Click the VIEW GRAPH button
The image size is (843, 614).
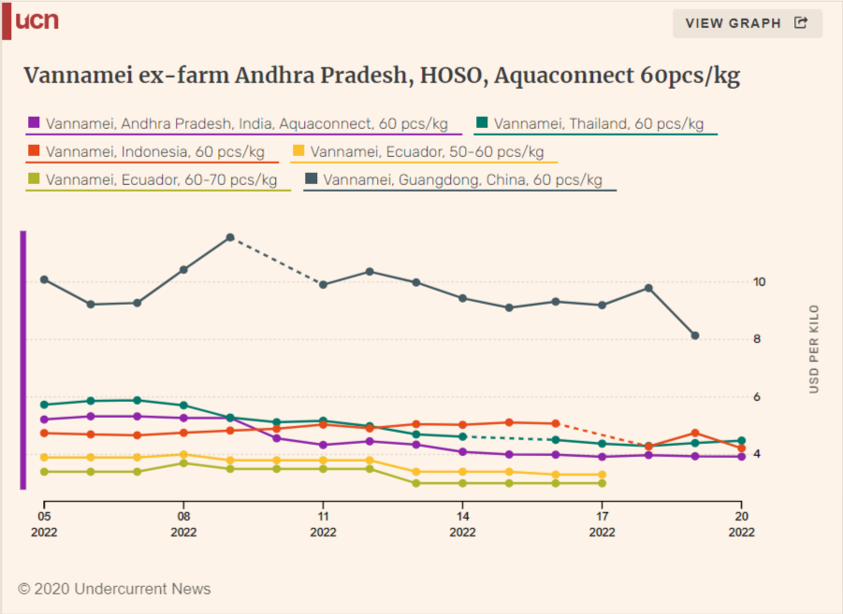[x=747, y=23]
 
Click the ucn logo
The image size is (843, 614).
[x=30, y=21]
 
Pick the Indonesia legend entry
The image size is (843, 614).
[x=153, y=152]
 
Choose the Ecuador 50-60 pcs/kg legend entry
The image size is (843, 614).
[x=424, y=152]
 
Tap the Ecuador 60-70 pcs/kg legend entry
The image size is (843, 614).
[x=158, y=180]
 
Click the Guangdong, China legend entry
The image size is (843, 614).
[x=459, y=180]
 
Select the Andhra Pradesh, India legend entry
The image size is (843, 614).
[x=243, y=124]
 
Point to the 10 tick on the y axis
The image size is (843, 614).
[x=759, y=282]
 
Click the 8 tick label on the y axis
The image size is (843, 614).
[x=757, y=339]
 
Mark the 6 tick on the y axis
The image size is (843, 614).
[x=757, y=397]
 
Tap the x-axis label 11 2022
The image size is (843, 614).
[x=323, y=524]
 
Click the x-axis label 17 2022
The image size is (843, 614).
[x=603, y=524]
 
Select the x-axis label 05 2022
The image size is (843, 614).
[x=44, y=524]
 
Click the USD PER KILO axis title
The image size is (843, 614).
[x=814, y=350]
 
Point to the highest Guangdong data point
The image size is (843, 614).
[x=230, y=237]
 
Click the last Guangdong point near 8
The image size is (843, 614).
[x=695, y=336]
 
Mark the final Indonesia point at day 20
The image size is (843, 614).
[x=742, y=448]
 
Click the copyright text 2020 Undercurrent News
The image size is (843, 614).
[x=114, y=589]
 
